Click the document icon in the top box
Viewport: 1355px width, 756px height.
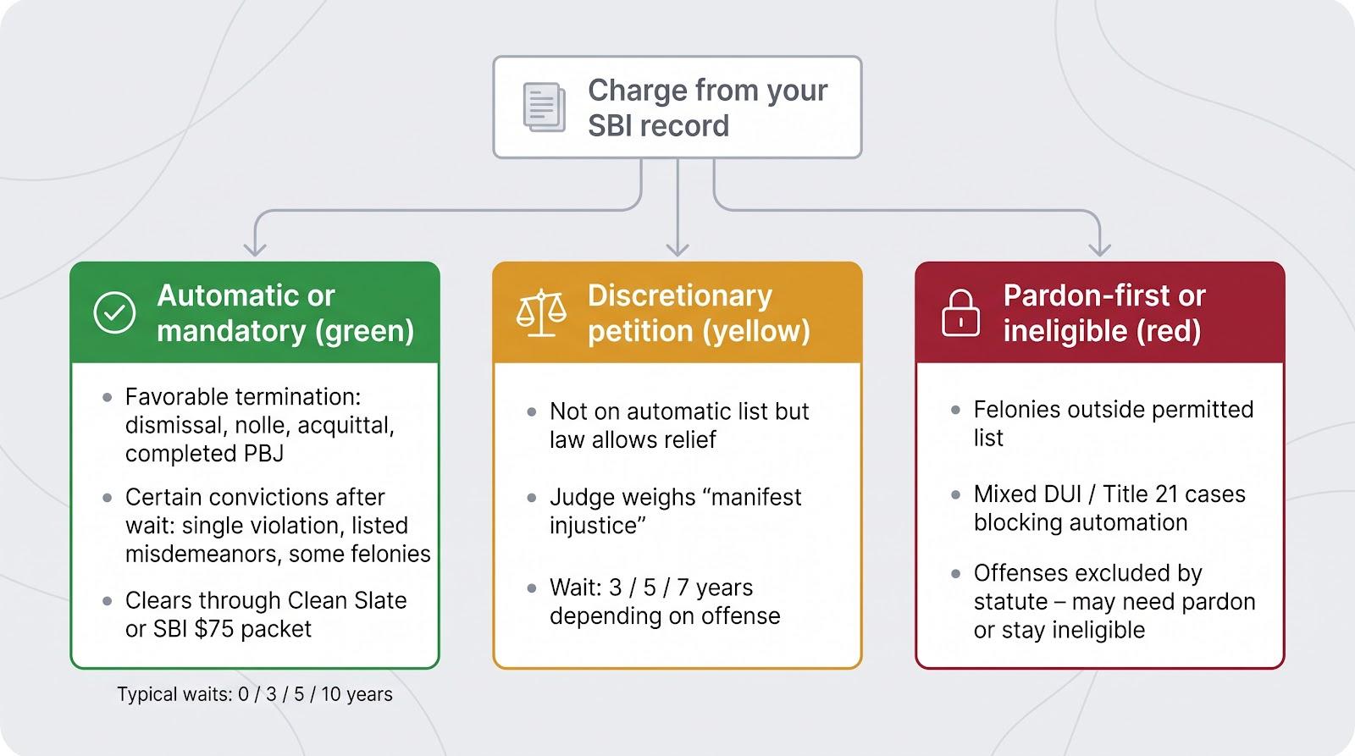tap(545, 107)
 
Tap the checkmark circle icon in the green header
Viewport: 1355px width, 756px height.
tap(114, 312)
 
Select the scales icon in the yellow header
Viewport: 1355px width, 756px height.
tap(541, 312)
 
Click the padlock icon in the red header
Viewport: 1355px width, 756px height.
tap(960, 312)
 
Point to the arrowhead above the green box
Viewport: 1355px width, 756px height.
tap(255, 250)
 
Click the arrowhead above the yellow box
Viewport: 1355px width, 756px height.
tap(677, 250)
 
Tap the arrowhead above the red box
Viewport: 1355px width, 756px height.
tap(1100, 250)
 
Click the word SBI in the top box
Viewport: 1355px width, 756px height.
tap(610, 126)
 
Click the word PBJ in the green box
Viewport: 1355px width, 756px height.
tap(263, 453)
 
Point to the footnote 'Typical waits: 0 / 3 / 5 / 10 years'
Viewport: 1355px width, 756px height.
tap(255, 693)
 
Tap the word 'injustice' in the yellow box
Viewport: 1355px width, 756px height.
tap(598, 525)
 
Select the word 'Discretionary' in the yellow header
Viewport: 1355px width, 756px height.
tap(680, 295)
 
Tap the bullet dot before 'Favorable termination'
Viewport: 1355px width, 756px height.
tap(107, 397)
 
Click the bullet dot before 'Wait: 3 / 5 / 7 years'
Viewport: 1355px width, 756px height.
tap(532, 588)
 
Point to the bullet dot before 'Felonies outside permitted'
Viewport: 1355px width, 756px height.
tap(956, 410)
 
